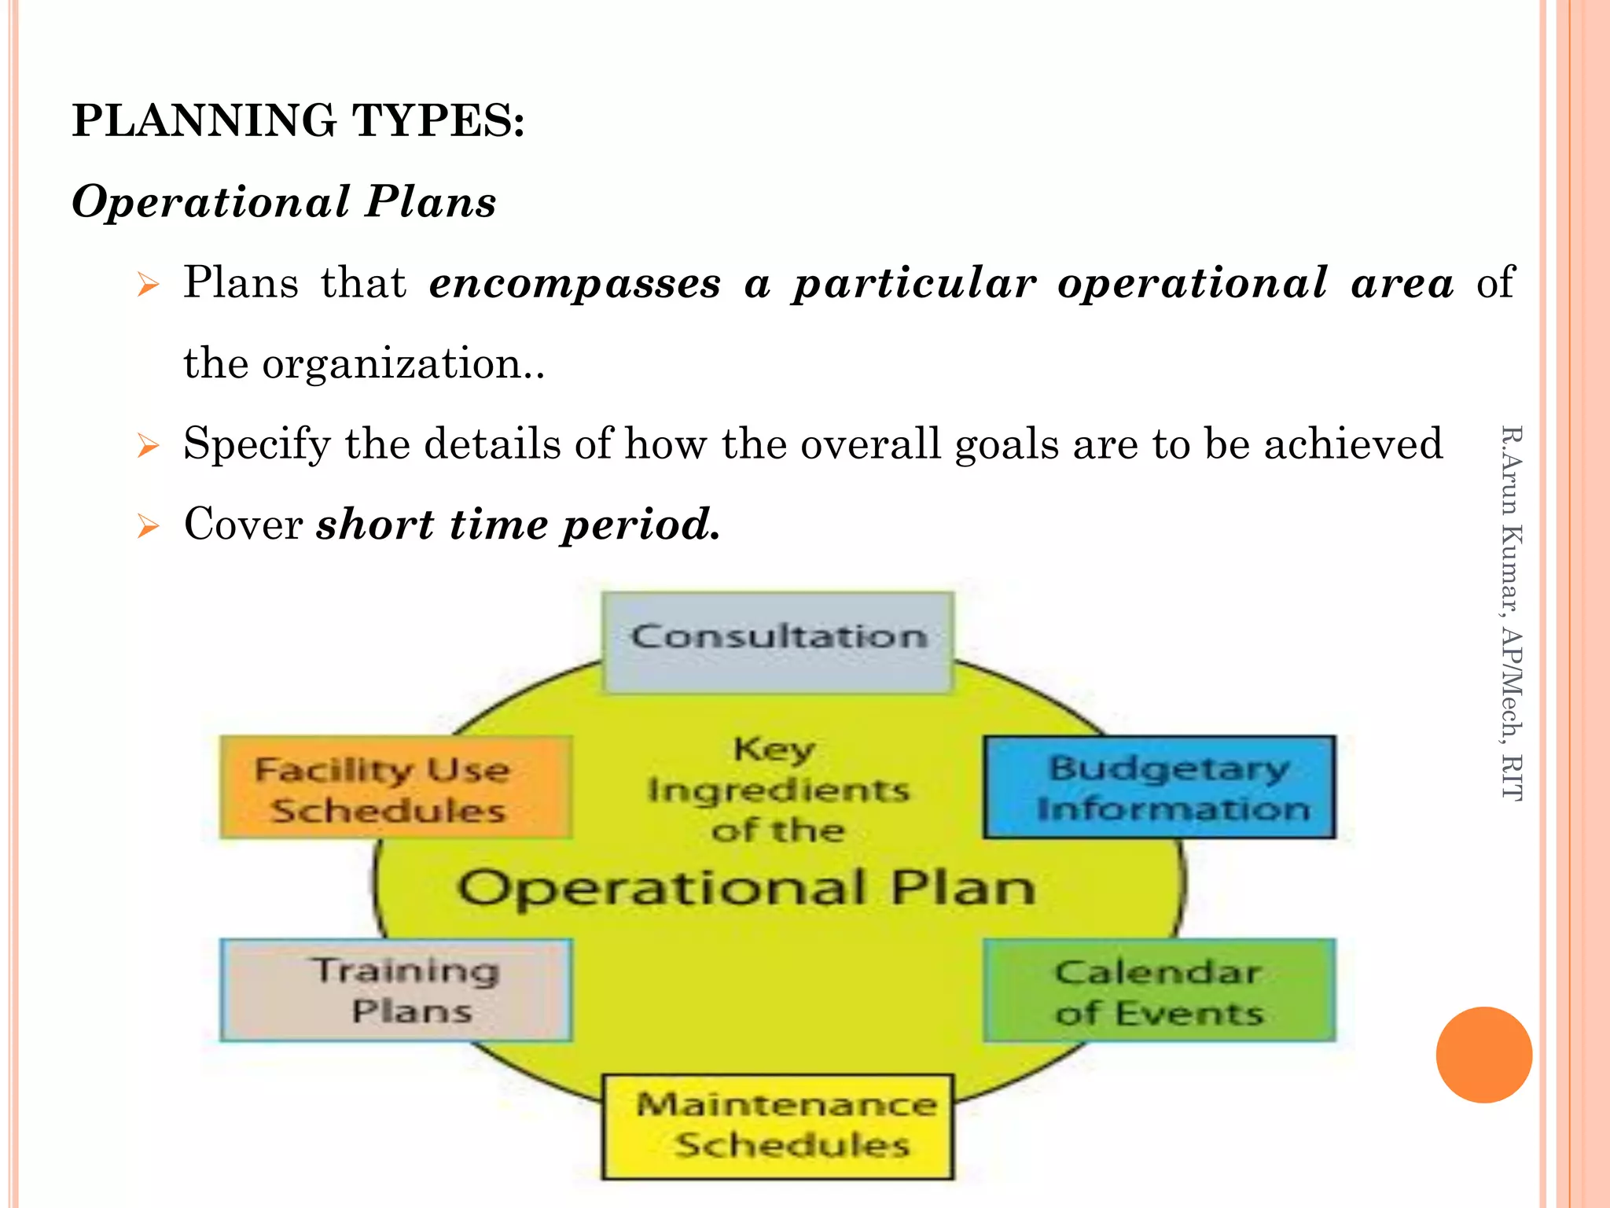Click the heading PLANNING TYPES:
tap(298, 121)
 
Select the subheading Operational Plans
tap(284, 201)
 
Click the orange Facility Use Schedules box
tap(395, 787)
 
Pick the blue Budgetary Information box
tap(1160, 787)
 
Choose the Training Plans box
tap(395, 990)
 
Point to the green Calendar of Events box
tap(1160, 991)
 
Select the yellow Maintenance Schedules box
tap(778, 1126)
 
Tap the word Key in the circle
tap(774, 749)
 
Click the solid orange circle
tap(1483, 1055)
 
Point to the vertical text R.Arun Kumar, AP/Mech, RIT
tap(1512, 613)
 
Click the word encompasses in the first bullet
tap(575, 283)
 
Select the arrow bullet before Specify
tap(148, 445)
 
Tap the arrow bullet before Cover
tap(148, 525)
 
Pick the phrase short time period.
tap(518, 525)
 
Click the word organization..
tap(393, 364)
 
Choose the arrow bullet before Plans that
tap(148, 284)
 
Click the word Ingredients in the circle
tap(778, 790)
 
